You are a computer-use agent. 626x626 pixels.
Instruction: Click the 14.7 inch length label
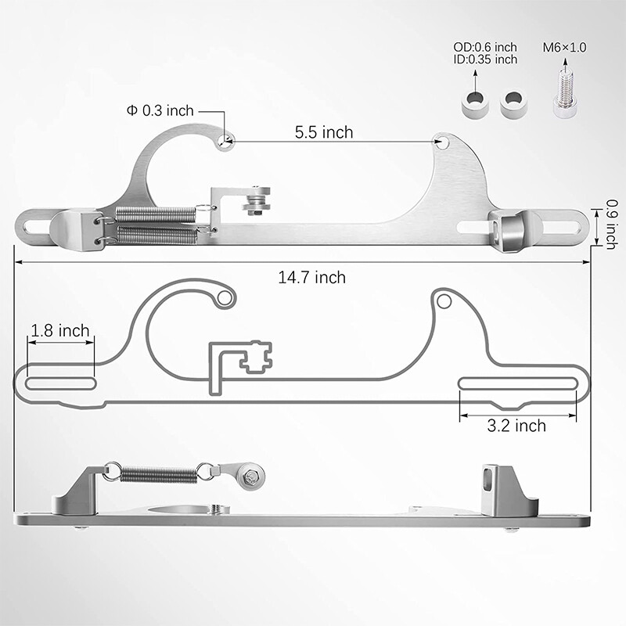coord(311,278)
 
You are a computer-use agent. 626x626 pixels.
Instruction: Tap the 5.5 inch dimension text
coord(324,132)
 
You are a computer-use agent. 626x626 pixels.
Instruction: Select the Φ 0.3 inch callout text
coord(160,110)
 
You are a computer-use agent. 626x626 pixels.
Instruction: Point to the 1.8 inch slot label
coord(60,330)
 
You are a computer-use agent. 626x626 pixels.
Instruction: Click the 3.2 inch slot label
coord(516,426)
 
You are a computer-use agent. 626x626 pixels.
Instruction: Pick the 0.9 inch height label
coord(611,225)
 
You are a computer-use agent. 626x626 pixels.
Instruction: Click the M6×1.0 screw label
coord(564,48)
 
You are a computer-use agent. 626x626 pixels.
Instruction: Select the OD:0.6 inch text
coord(485,47)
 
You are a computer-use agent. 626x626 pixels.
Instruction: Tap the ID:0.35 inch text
coord(485,59)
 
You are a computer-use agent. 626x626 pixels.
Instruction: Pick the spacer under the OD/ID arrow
coord(475,104)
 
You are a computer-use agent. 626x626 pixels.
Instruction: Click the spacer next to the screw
coord(513,104)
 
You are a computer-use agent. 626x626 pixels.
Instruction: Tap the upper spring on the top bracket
coord(155,214)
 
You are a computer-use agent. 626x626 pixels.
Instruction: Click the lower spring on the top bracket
coord(157,235)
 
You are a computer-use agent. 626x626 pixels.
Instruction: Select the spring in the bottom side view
coord(158,474)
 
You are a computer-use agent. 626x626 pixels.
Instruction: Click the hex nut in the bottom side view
coord(250,476)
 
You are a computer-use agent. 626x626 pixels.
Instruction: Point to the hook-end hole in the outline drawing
coord(224,298)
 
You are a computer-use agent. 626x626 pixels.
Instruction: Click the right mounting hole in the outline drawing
coord(444,301)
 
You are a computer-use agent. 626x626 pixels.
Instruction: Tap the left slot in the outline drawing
coord(61,383)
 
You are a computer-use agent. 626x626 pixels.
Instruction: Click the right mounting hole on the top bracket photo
coord(441,142)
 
